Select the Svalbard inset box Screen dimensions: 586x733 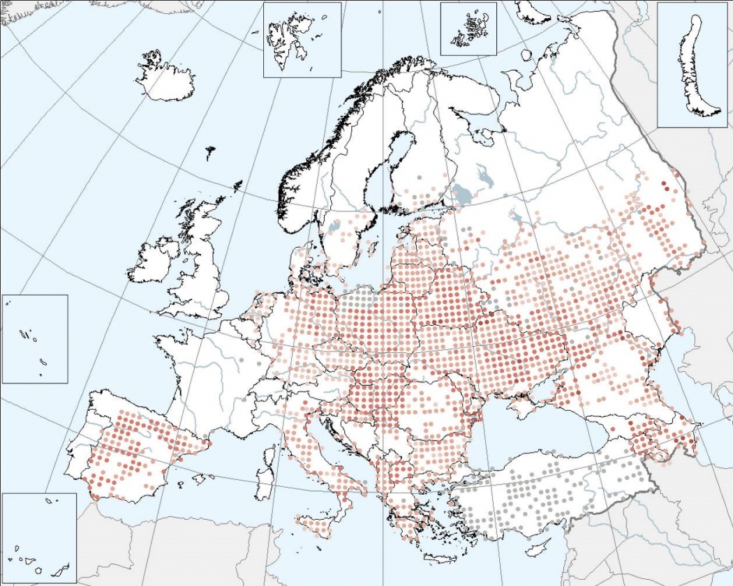coord(302,39)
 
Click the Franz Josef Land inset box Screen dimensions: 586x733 coord(468,29)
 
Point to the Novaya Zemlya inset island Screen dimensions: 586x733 coord(693,66)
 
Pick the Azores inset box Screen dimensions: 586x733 coord(34,338)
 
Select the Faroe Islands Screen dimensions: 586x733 coord(210,150)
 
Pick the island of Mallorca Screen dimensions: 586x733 coord(202,478)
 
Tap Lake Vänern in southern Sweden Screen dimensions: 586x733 coord(334,227)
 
